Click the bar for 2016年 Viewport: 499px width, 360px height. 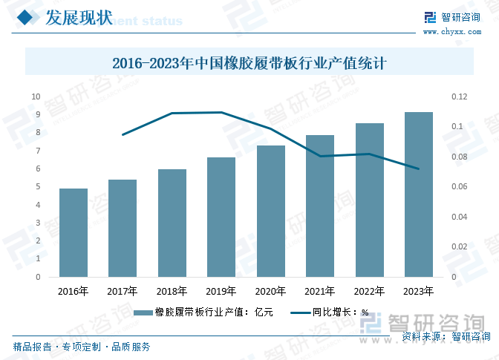(74, 233)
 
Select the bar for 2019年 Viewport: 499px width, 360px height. (221, 217)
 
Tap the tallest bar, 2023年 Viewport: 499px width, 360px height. (418, 194)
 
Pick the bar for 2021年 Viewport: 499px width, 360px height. (320, 206)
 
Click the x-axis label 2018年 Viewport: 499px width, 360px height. (172, 292)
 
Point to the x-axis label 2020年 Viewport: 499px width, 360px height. (270, 292)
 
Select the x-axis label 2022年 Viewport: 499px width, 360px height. (369, 292)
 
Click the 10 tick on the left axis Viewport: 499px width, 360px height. (36, 96)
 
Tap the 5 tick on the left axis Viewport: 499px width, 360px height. (38, 187)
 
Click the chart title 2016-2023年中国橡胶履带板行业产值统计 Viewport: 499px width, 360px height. (249, 63)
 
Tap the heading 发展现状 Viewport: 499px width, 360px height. (79, 19)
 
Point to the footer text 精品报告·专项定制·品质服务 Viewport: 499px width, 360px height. (82, 347)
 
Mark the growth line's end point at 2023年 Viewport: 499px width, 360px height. (418, 168)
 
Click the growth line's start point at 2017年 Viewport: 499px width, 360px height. (123, 134)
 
